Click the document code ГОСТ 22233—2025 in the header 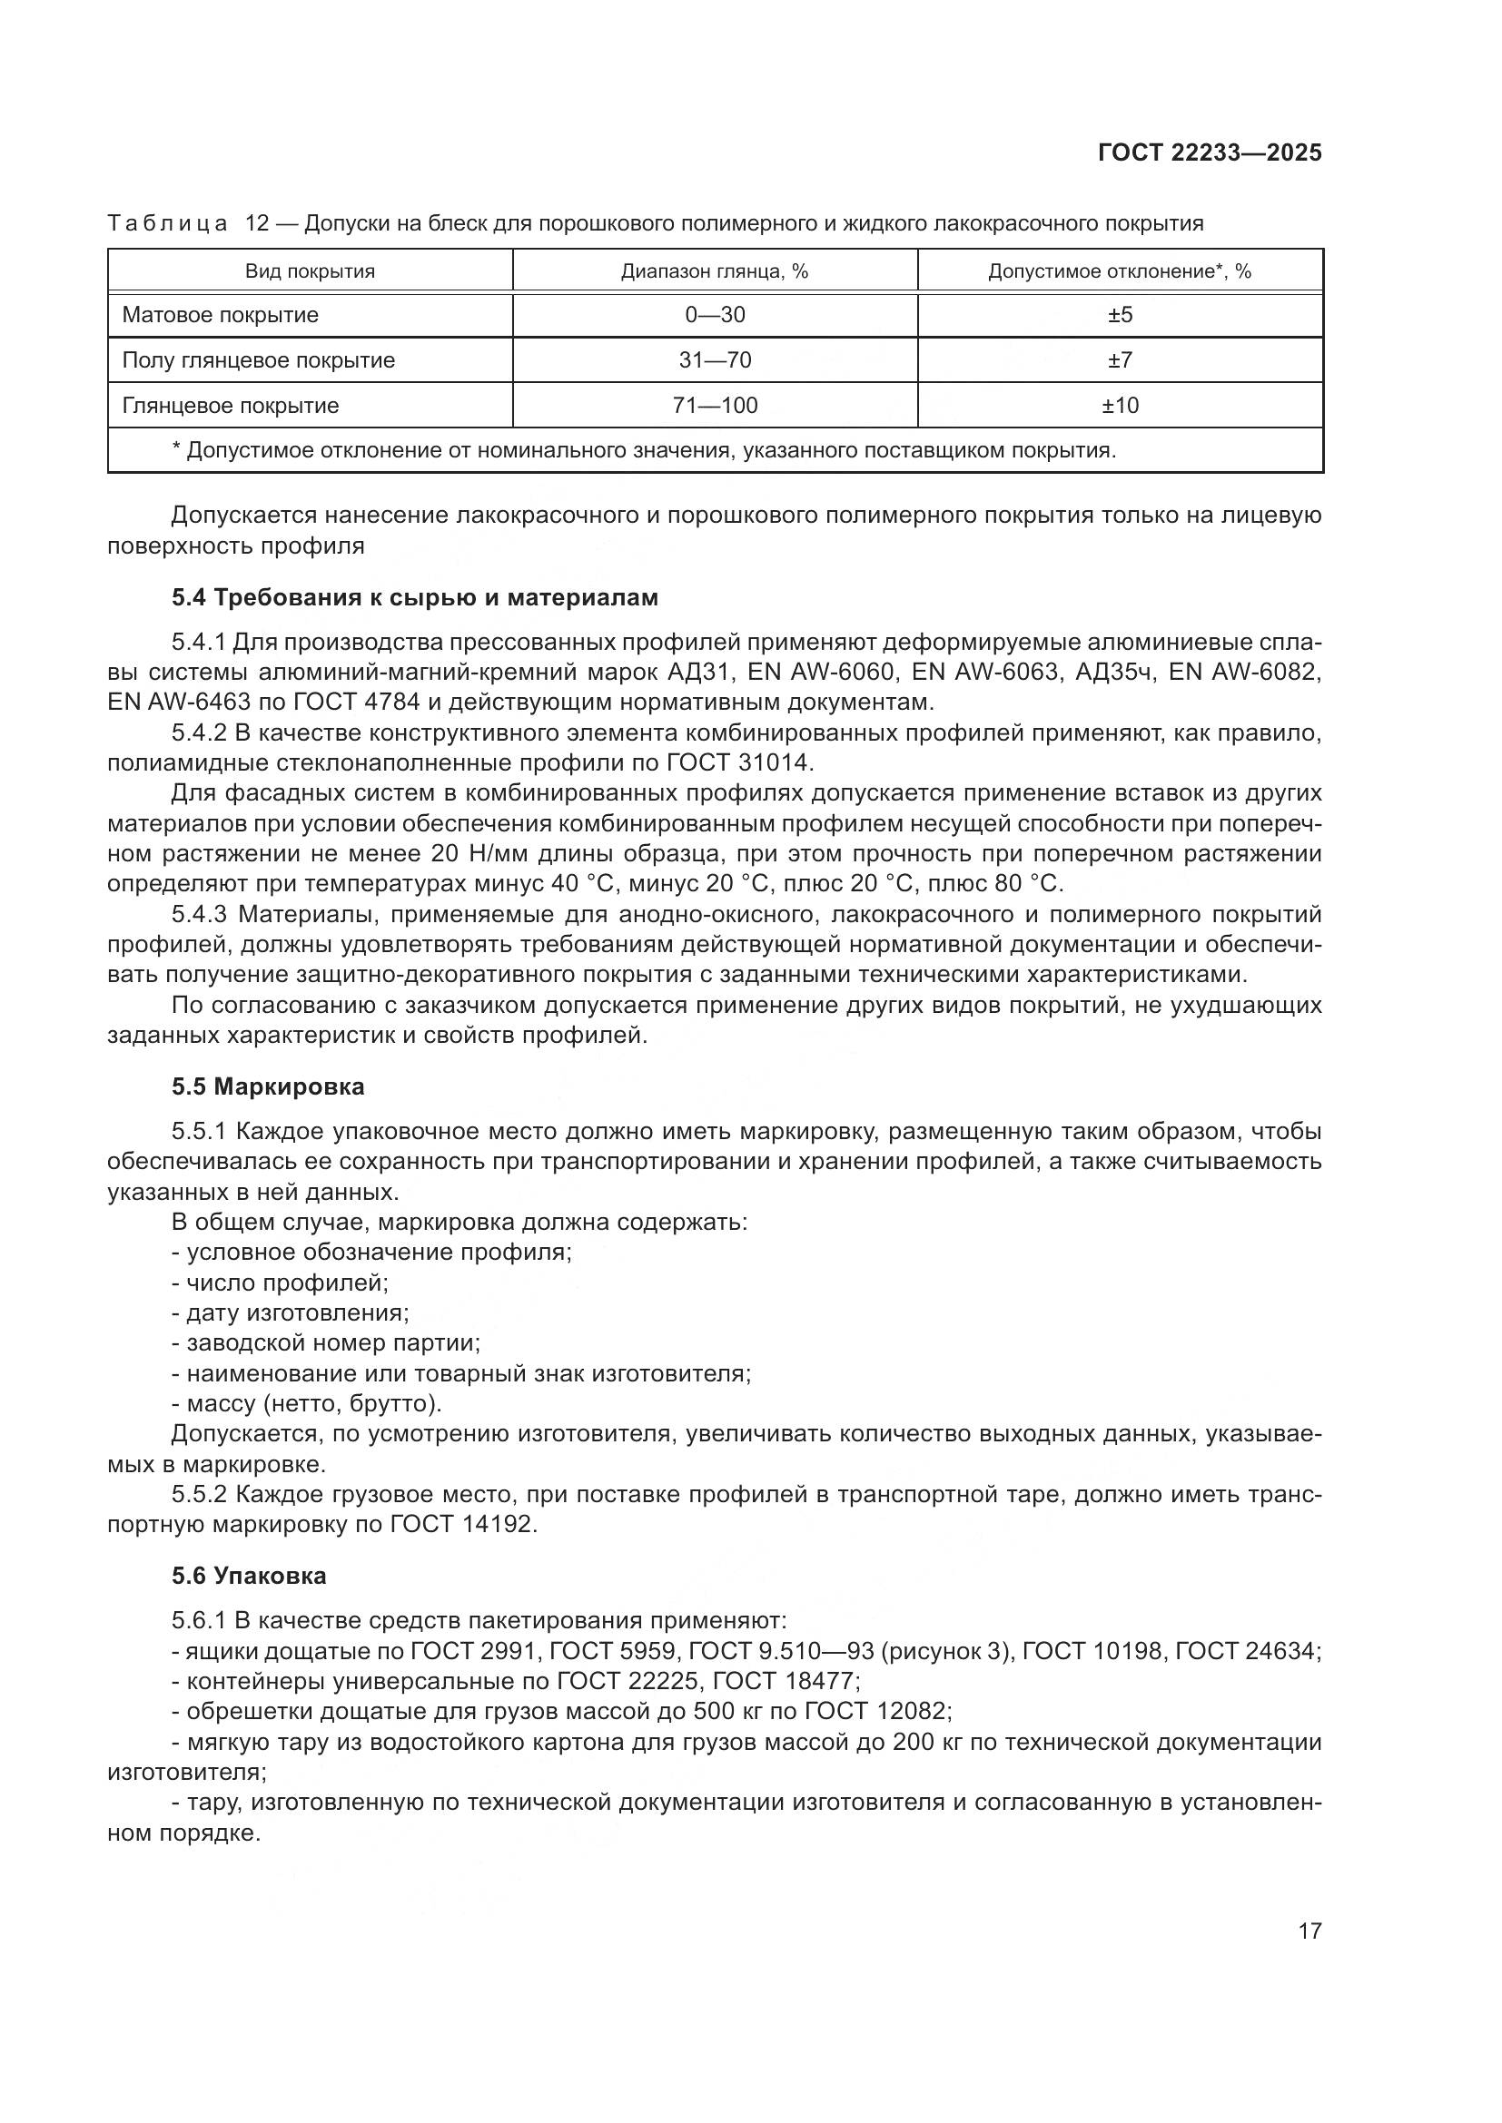pyautogui.click(x=1210, y=152)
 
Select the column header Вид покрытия pyautogui.click(x=310, y=272)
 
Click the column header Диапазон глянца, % pyautogui.click(x=715, y=272)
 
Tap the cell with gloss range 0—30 pyautogui.click(x=715, y=315)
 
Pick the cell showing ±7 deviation pyautogui.click(x=1120, y=360)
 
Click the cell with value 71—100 pyautogui.click(x=715, y=406)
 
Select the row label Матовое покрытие pyautogui.click(x=220, y=315)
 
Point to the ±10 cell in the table pyautogui.click(x=1120, y=406)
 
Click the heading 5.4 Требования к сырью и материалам pyautogui.click(x=414, y=598)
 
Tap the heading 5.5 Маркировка pyautogui.click(x=267, y=1087)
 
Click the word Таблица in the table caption pyautogui.click(x=167, y=224)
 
